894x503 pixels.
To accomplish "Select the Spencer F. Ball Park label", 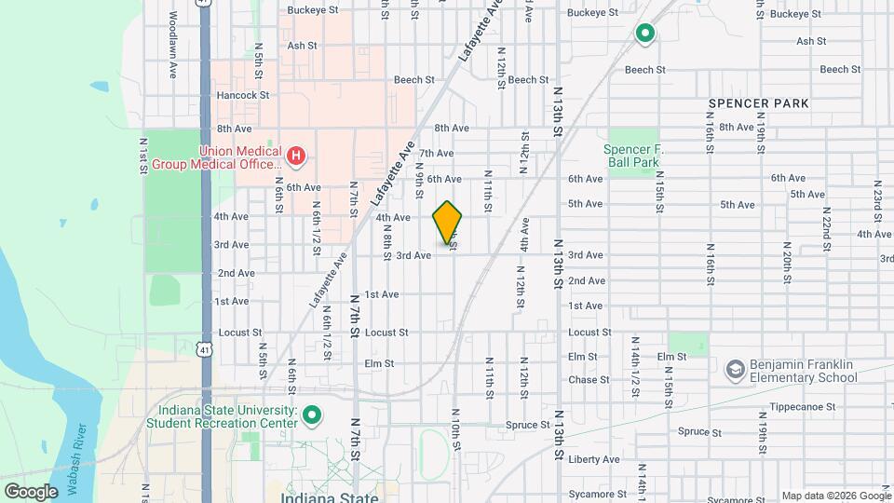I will click(x=631, y=156).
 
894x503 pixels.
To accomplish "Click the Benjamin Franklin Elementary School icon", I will click(x=736, y=370).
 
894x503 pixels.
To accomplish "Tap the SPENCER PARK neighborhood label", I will click(x=758, y=102).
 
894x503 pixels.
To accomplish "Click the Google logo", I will click(x=31, y=491).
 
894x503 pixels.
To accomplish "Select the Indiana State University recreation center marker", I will click(x=313, y=415).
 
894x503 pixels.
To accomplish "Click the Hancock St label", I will click(x=242, y=95).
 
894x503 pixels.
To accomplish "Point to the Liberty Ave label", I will click(x=593, y=459).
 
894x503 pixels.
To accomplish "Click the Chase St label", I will click(x=589, y=380).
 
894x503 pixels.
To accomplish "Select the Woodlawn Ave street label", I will click(x=172, y=35).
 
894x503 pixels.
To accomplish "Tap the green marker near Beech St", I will click(x=644, y=35).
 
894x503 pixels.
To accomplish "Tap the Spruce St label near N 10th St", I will click(x=527, y=425).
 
